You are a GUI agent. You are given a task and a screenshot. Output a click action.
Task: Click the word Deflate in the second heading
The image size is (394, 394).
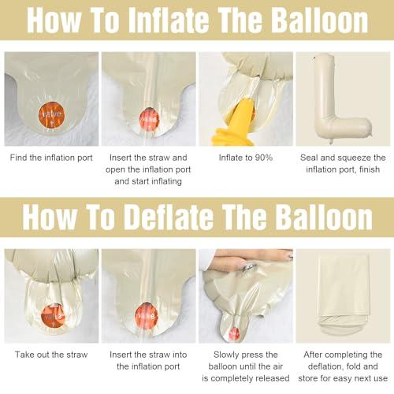coord(169,217)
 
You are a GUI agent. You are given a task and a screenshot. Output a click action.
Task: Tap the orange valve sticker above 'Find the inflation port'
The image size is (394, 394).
coord(51,116)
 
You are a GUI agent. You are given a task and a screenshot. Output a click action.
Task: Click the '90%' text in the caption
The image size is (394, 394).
coord(264,158)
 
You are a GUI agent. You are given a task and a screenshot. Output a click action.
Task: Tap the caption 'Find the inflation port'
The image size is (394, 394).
coord(51,158)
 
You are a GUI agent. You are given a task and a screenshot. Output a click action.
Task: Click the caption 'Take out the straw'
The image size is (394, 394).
coord(51,355)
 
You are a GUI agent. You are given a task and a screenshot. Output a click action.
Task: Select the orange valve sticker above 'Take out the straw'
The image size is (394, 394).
coord(54,316)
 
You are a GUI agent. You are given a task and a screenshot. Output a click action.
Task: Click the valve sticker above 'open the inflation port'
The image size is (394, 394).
coord(149,120)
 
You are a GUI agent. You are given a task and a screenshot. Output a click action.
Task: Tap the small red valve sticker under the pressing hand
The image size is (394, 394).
coord(234,334)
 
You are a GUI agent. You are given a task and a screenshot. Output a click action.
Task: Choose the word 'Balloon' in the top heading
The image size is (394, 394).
coord(319,20)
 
